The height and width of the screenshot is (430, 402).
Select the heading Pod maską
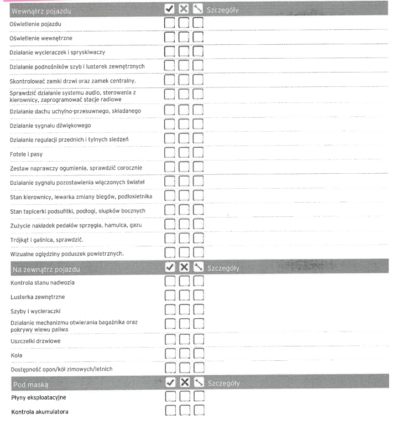[x=31, y=384]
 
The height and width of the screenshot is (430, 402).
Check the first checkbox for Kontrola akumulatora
[x=171, y=411]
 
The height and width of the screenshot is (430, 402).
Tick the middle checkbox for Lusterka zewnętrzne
[x=185, y=297]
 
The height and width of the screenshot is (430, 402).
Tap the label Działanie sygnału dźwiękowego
[x=50, y=126]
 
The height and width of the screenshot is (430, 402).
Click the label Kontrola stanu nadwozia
[x=43, y=283]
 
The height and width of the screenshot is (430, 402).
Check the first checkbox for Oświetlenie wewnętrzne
[x=171, y=39]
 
